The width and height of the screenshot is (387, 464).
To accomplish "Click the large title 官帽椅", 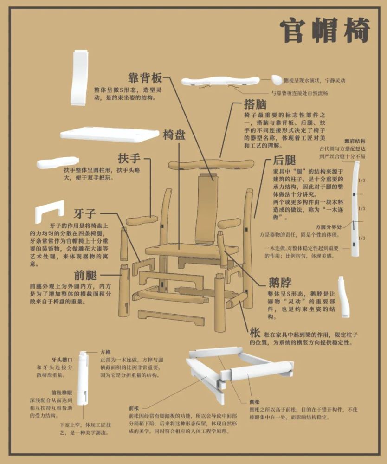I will (324, 31).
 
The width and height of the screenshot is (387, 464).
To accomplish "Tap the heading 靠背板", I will (145, 77).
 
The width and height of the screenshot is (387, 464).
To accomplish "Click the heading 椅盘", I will (174, 135).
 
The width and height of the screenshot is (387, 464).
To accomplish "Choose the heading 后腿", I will (284, 161).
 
